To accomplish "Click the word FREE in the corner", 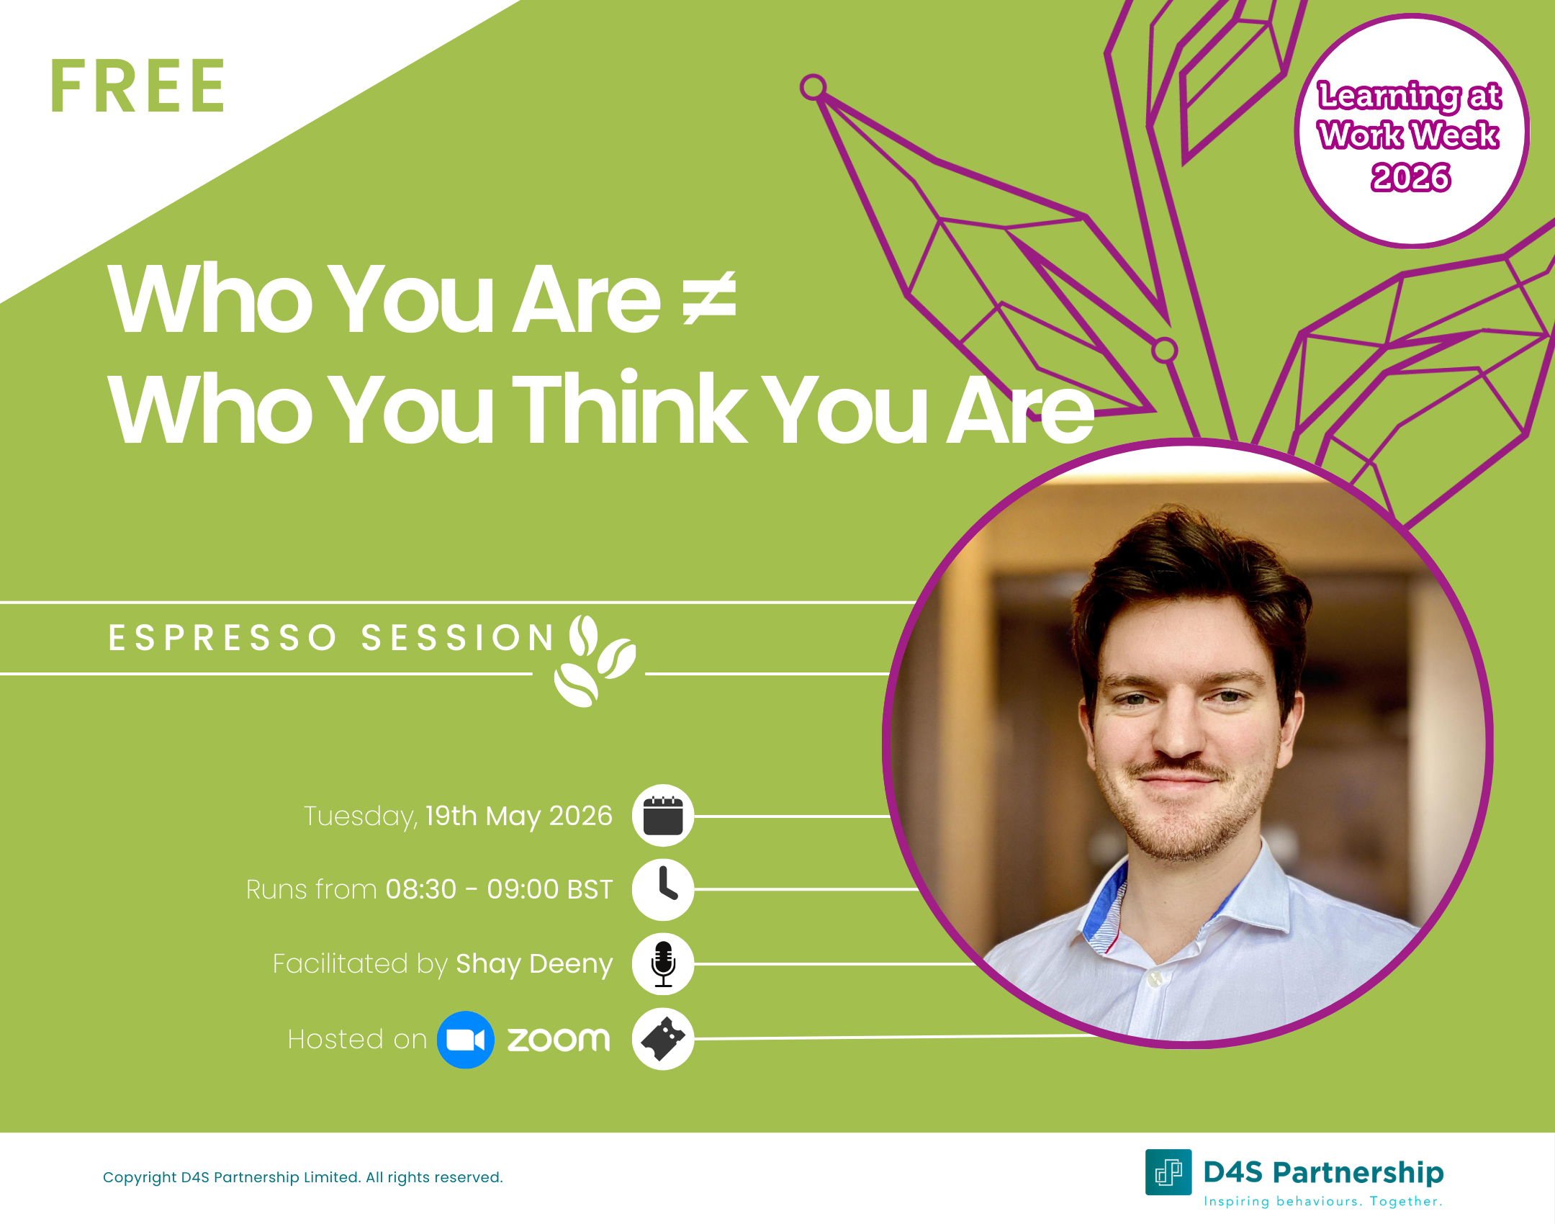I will click(x=138, y=87).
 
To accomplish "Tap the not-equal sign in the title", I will click(x=709, y=298).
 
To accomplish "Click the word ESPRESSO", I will click(x=222, y=638).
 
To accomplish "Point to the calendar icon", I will click(x=662, y=816).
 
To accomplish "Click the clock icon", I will click(x=662, y=889).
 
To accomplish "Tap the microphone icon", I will click(x=662, y=964).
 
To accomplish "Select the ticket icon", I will click(x=662, y=1039).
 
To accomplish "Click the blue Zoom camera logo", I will click(x=465, y=1040).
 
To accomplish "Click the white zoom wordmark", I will click(x=559, y=1040).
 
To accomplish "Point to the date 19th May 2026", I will click(x=518, y=816).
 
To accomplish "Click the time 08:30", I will click(x=421, y=890).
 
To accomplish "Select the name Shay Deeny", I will click(x=534, y=963).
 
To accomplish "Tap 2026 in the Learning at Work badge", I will click(x=1410, y=177).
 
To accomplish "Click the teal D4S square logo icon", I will click(x=1168, y=1172).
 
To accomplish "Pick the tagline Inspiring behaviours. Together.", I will click(x=1323, y=1201).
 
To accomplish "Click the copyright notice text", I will click(x=302, y=1177).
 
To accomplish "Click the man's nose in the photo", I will click(x=1178, y=734).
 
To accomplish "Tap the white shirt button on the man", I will click(x=1155, y=978).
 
